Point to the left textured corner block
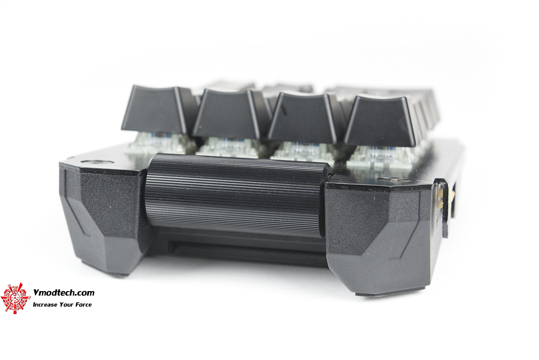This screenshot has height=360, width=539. pyautogui.click(x=103, y=213)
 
